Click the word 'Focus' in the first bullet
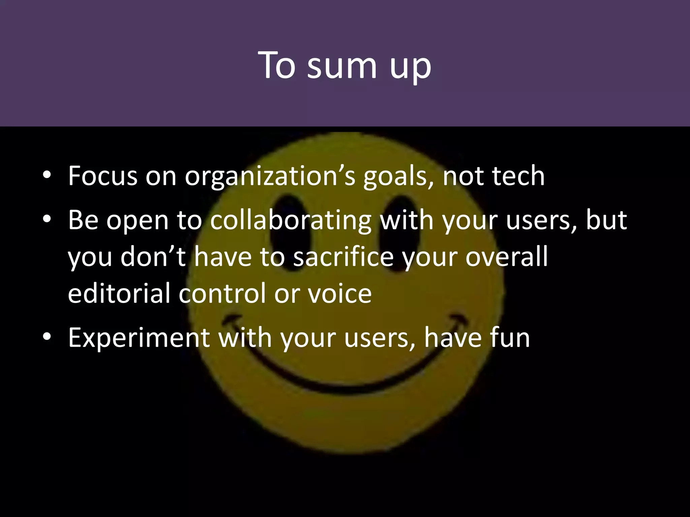(x=102, y=176)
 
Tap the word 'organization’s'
(x=270, y=176)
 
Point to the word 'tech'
(x=518, y=176)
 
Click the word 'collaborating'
(x=291, y=220)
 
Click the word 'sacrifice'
(x=343, y=257)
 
